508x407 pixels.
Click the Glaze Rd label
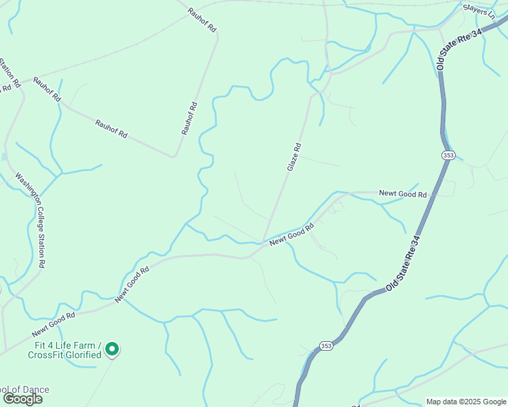[x=293, y=157]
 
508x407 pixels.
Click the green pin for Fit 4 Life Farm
[x=113, y=349]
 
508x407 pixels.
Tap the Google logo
[x=22, y=398]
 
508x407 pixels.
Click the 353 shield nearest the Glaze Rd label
[x=448, y=155]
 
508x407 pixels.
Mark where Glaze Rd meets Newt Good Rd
[x=263, y=242]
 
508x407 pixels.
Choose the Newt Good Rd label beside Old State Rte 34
[x=403, y=194]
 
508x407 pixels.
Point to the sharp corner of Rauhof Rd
[x=174, y=157]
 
